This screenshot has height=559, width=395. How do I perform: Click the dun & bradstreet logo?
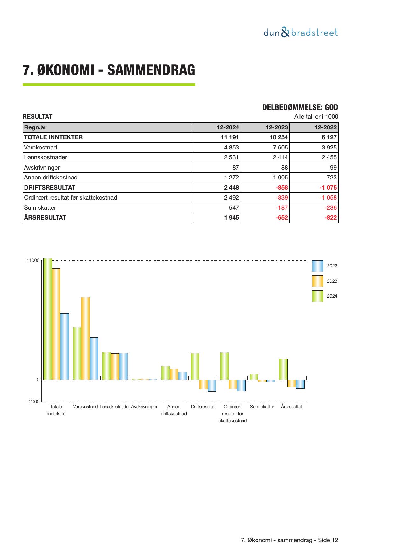300,33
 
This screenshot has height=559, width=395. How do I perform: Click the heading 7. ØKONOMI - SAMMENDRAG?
109,70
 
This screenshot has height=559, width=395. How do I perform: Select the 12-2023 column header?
277,127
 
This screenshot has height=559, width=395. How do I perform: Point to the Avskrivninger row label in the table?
42,168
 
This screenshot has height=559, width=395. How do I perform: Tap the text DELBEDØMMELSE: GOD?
300,107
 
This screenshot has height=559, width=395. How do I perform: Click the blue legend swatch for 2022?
317,266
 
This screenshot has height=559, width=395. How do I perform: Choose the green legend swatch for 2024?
317,296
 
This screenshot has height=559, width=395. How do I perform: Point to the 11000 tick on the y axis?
33,261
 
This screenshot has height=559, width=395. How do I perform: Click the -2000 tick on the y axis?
33,402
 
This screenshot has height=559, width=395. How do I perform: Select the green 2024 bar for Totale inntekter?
48,319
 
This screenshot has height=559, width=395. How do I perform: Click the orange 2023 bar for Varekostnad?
86,338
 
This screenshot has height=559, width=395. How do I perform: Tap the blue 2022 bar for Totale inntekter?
65,346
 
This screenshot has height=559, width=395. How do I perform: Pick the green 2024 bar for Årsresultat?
283,369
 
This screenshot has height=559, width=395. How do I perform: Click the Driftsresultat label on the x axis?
203,407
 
